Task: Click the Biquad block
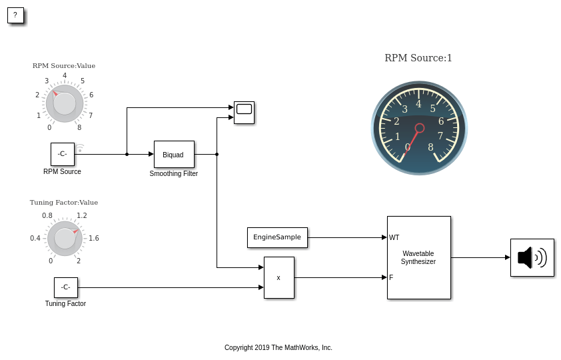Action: tap(174, 154)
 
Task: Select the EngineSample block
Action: tap(277, 237)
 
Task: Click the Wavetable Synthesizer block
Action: tap(418, 257)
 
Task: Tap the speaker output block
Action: tap(532, 257)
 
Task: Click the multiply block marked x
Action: tap(279, 277)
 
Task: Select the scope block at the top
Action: tap(244, 113)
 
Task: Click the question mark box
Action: tap(15, 15)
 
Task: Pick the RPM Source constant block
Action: tap(62, 154)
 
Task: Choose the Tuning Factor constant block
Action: tap(65, 287)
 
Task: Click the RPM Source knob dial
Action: tap(65, 103)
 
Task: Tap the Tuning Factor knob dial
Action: tap(65, 238)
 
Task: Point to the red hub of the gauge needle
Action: tap(420, 128)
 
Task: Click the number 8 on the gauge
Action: tap(430, 147)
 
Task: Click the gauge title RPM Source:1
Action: tap(418, 58)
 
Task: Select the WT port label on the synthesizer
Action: tap(394, 237)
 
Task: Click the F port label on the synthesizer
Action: tap(391, 277)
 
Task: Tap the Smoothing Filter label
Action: tap(173, 173)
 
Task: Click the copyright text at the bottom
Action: tap(278, 347)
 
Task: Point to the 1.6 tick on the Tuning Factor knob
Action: tap(94, 238)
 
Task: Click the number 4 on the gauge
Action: tap(418, 103)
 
